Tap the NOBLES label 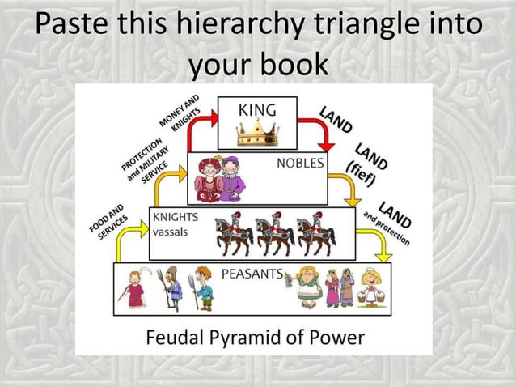click(x=300, y=163)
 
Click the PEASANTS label click(x=252, y=274)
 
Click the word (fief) click(x=358, y=172)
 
